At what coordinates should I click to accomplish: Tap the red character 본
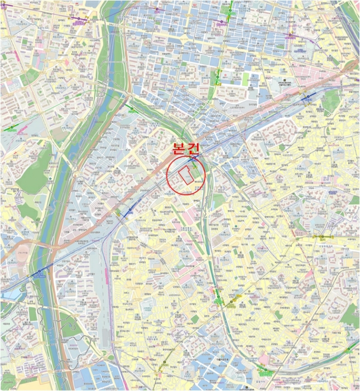(178, 147)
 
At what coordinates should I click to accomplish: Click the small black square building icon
(284, 80)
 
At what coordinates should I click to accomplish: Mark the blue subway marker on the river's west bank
(40, 271)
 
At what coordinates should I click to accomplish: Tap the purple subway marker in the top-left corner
(79, 18)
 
